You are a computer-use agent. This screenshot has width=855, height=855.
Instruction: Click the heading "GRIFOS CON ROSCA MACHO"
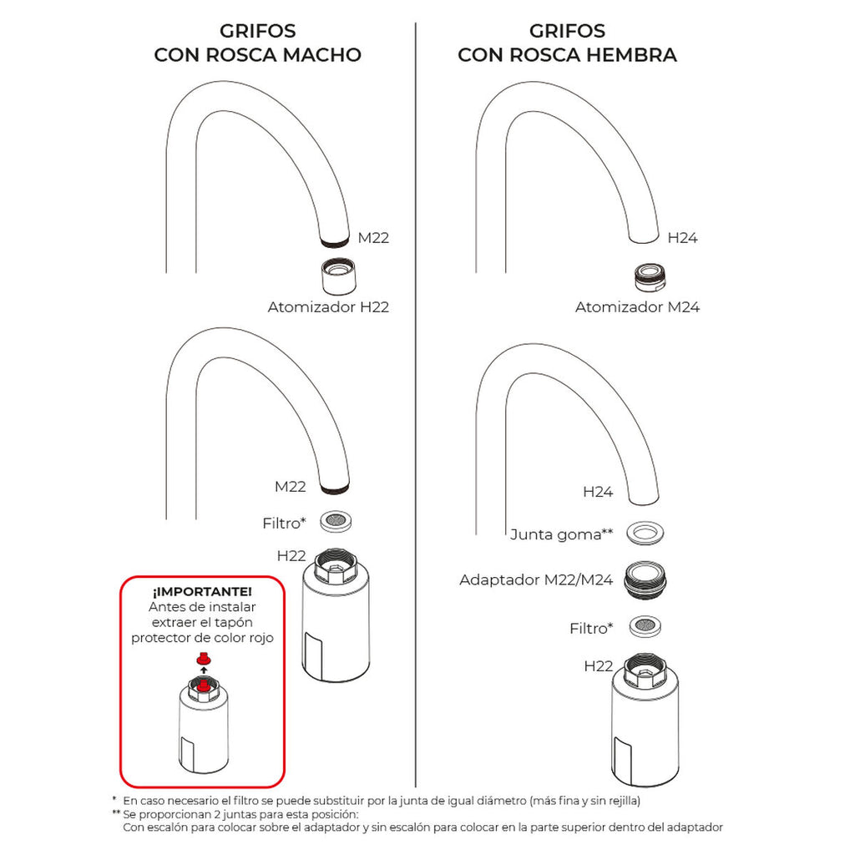257,43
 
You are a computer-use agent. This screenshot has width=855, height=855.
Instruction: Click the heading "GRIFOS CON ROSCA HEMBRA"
567,43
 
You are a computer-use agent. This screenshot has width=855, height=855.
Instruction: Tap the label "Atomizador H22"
328,307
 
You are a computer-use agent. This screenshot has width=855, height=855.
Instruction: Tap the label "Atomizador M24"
637,307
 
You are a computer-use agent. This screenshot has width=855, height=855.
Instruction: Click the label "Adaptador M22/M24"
536,579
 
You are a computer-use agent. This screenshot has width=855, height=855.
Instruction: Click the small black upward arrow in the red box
201,671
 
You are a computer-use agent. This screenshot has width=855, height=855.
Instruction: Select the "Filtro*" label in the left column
284,524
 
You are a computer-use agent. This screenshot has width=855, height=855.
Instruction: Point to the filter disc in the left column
336,520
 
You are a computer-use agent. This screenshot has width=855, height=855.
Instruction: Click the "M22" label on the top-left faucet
373,239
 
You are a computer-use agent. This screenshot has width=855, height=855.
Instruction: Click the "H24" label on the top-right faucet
682,238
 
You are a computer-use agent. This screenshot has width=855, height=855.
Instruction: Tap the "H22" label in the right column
599,665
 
